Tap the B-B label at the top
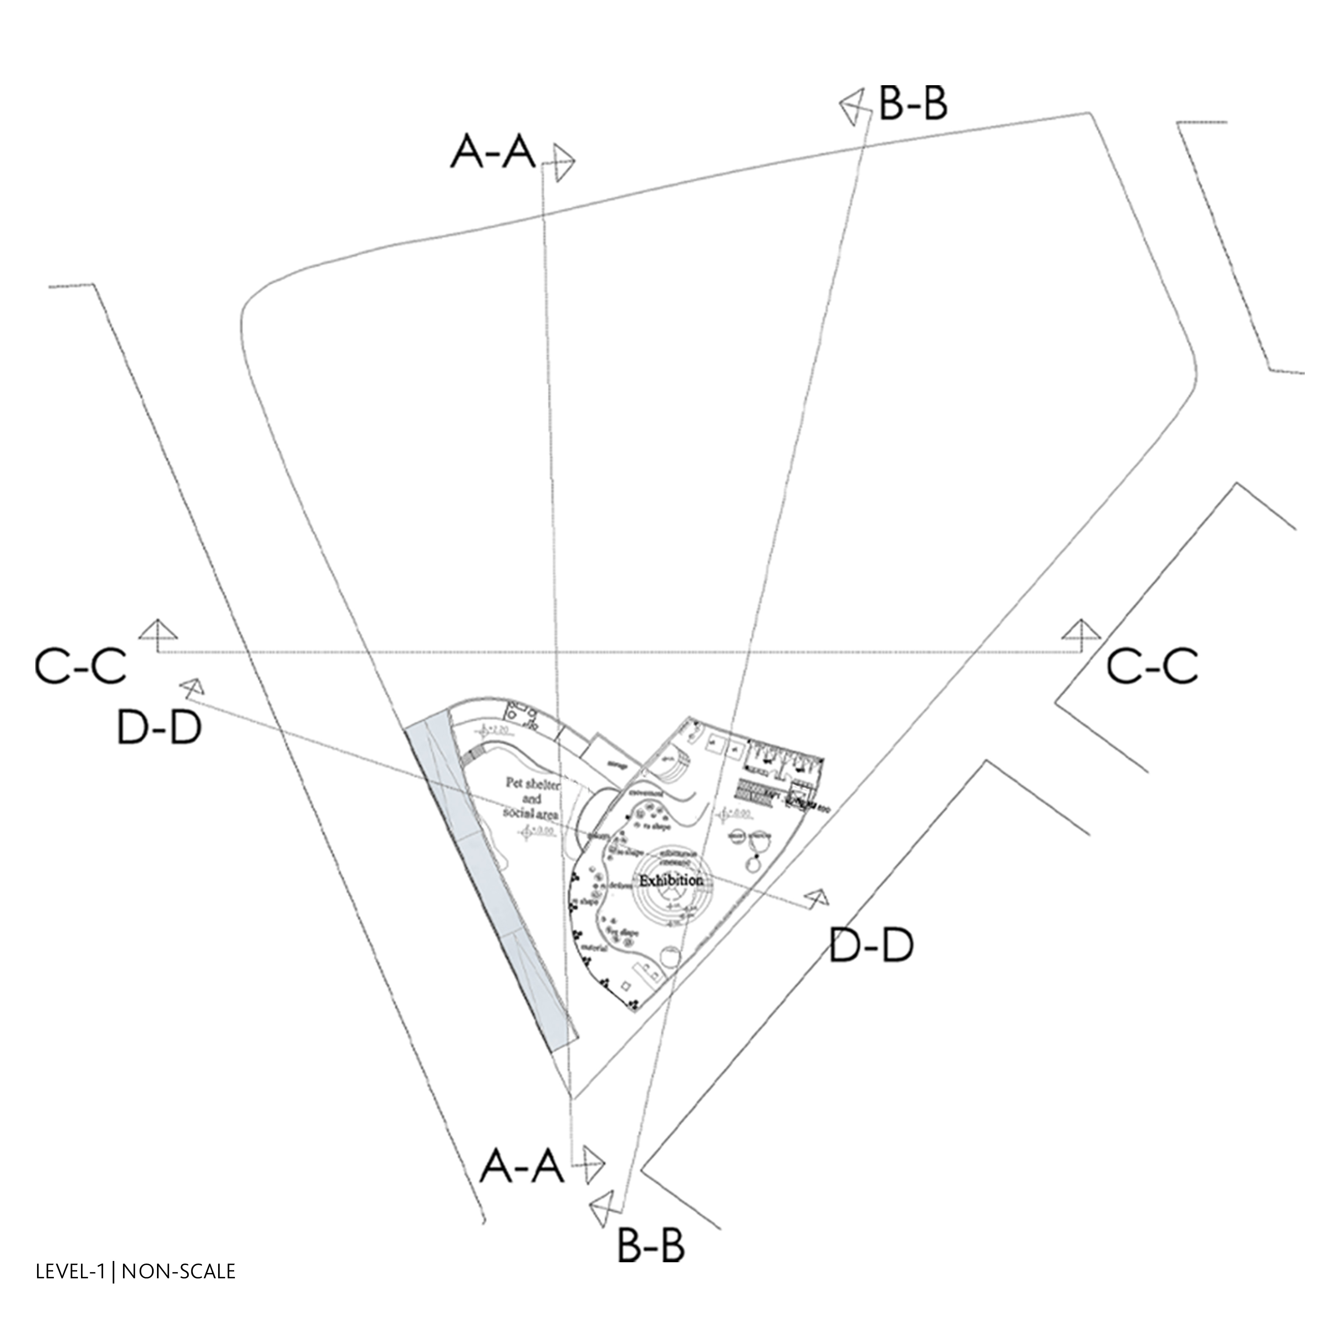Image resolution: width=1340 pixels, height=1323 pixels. [913, 104]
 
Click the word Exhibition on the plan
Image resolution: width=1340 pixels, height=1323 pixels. [671, 881]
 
